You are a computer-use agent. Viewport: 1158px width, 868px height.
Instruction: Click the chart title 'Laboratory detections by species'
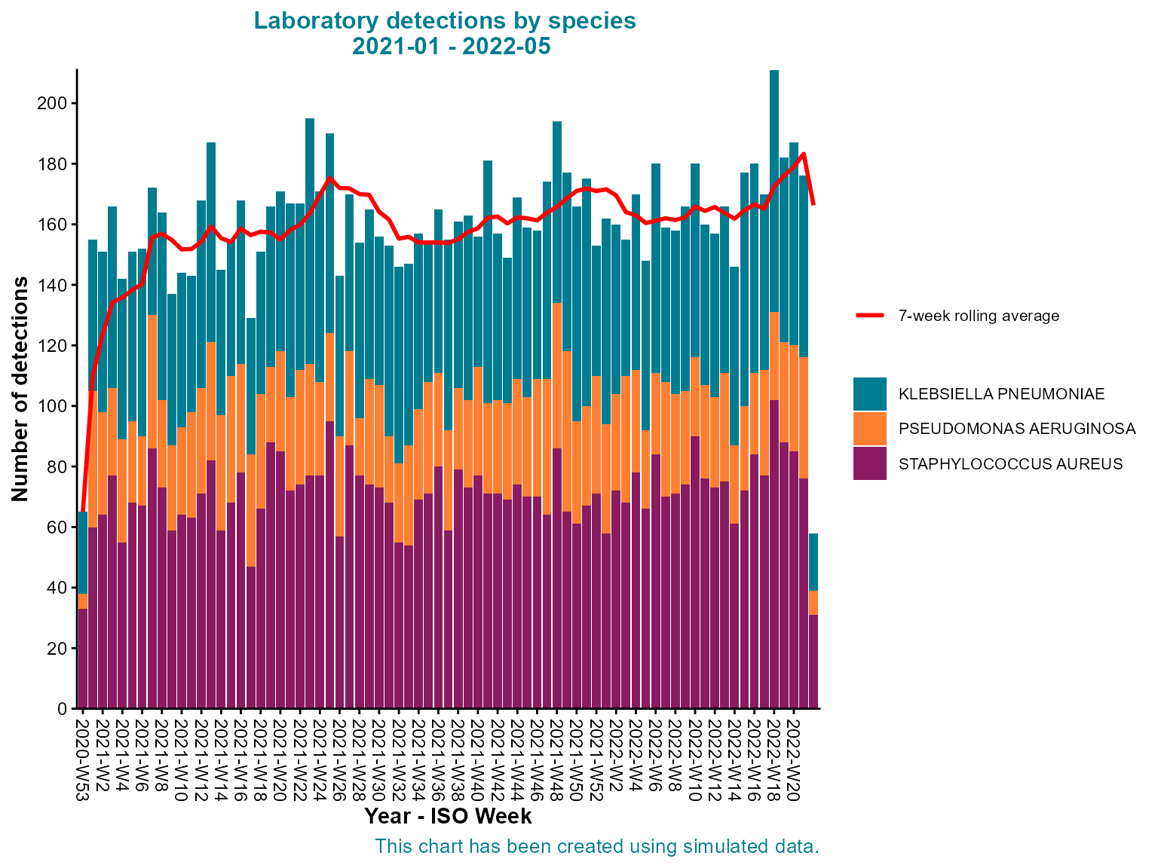click(x=445, y=21)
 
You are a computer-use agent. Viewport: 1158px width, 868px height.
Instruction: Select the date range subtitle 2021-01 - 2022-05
click(x=451, y=47)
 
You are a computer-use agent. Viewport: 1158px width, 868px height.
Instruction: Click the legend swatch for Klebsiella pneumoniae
click(x=869, y=394)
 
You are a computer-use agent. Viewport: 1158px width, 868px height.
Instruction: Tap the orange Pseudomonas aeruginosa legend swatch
click(x=869, y=429)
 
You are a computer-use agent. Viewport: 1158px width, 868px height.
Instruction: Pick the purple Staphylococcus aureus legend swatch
click(x=869, y=463)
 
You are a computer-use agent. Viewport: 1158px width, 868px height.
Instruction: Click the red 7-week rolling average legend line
click(x=869, y=316)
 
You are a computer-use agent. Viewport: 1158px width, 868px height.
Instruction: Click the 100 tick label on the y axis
click(x=52, y=406)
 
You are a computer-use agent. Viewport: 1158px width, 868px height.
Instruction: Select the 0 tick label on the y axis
click(x=62, y=709)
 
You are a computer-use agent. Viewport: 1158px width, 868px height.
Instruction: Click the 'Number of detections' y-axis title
click(x=20, y=389)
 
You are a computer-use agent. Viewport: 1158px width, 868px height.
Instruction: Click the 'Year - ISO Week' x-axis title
click(x=448, y=817)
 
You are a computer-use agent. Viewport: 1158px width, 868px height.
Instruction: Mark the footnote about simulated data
click(x=596, y=847)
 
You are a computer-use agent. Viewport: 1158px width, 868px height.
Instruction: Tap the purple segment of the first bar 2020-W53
click(x=82, y=656)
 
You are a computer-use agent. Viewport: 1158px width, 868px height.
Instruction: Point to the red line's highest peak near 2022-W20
click(x=804, y=154)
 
